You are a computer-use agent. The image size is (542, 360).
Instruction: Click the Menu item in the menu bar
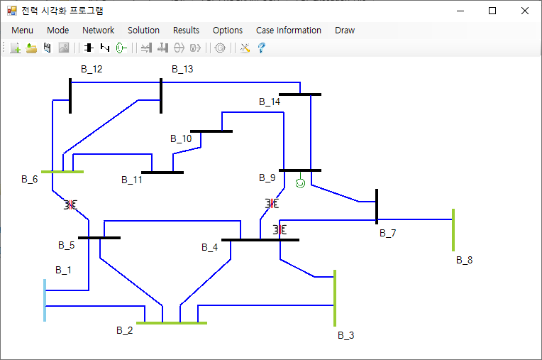[x=22, y=31]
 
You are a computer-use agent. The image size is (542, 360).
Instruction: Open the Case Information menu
[x=289, y=31]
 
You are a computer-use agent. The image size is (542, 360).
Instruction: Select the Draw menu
[x=345, y=31]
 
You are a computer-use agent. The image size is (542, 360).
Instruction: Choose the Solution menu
[x=143, y=31]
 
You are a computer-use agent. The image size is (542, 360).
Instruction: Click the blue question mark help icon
[x=262, y=48]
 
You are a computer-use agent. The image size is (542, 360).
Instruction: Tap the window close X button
[x=525, y=11]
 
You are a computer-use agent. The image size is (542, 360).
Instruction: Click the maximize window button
[x=492, y=11]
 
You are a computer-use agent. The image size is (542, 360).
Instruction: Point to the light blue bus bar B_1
[x=45, y=300]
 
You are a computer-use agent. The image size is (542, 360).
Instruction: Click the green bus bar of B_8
[x=453, y=230]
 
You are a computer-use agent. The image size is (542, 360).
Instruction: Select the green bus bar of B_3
[x=335, y=298]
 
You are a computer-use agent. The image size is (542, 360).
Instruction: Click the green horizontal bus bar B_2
[x=172, y=323]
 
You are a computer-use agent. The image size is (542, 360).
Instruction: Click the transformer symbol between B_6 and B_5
[x=70, y=205]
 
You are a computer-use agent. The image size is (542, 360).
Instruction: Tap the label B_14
[x=270, y=102]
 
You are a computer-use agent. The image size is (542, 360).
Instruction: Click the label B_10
[x=181, y=138]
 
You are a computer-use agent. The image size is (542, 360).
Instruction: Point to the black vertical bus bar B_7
[x=377, y=207]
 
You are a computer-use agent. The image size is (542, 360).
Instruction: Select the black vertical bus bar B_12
[x=70, y=96]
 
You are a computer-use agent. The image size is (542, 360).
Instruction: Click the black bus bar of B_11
[x=162, y=173]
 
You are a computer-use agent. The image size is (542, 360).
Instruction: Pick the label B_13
[x=182, y=69]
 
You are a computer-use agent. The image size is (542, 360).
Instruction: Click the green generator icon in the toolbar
[x=121, y=48]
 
